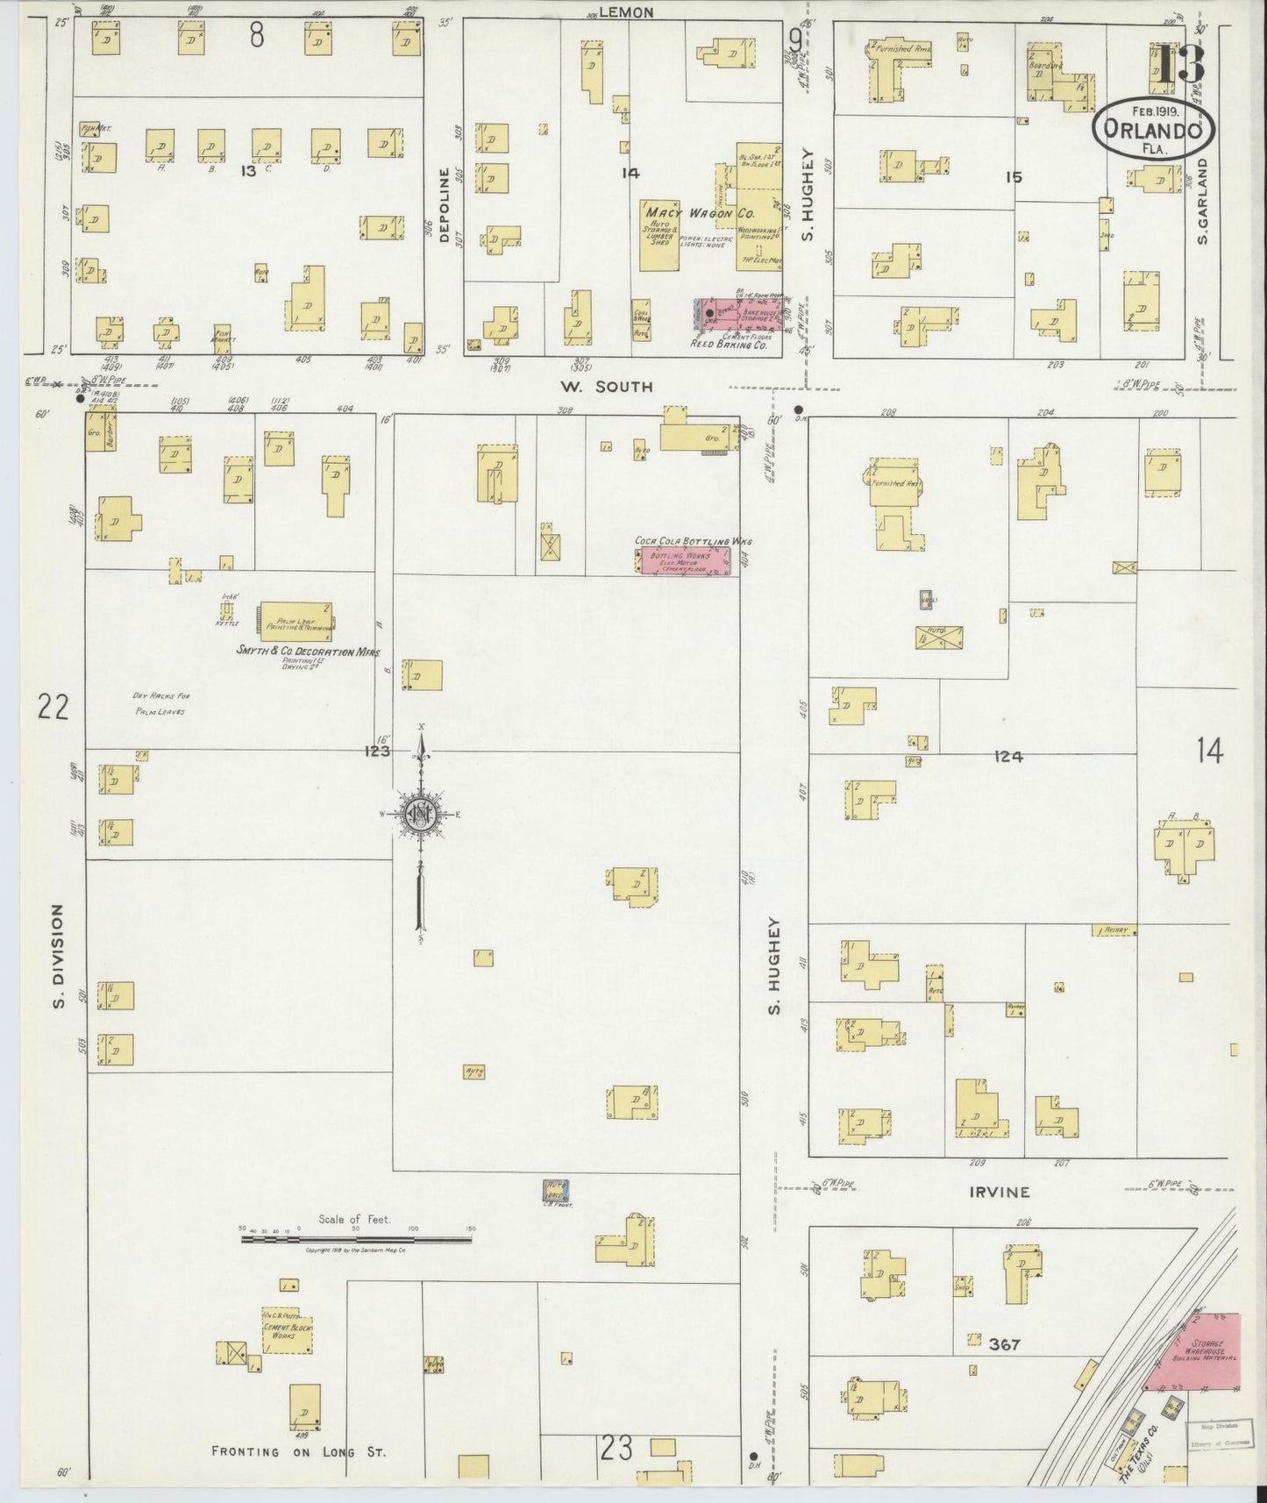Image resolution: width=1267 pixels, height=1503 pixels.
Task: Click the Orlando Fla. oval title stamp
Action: pos(1153,129)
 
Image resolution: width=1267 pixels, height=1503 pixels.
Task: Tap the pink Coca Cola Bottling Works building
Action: pos(685,562)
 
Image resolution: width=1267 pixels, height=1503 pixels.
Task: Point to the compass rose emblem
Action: pos(420,815)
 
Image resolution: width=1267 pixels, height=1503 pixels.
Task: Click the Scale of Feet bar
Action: pos(357,1239)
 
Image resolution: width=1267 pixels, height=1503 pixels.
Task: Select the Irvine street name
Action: pos(999,1193)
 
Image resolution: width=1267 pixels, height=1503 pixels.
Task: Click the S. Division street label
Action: pos(59,957)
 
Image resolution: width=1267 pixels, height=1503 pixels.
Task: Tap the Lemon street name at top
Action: pos(626,12)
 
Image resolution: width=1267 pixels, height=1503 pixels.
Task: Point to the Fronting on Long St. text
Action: pos(298,1451)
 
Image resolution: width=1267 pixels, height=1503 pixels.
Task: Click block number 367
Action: pos(1002,1344)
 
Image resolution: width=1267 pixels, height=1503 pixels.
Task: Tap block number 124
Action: pos(1008,756)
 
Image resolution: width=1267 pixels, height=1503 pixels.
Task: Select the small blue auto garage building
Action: pos(556,1192)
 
